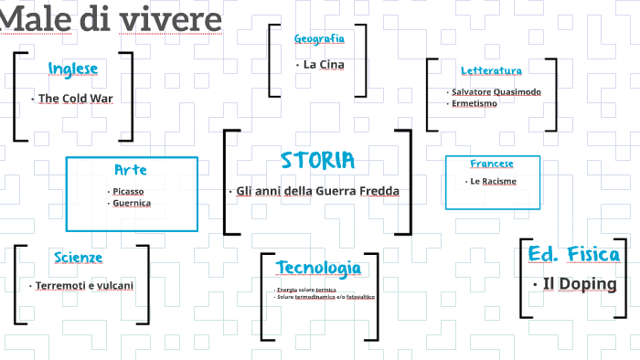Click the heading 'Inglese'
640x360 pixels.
click(73, 69)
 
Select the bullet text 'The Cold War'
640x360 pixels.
click(75, 98)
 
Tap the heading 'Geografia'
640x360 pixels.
click(319, 38)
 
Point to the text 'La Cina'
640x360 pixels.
click(324, 64)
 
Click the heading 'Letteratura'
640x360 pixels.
click(491, 70)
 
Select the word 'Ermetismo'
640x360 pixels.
click(475, 103)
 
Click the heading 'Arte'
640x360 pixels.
click(131, 170)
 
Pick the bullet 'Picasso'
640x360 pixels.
click(129, 191)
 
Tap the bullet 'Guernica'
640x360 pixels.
click(133, 203)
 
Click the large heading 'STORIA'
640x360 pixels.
click(317, 161)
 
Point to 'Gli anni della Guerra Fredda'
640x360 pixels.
click(318, 191)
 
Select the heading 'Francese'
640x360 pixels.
click(492, 164)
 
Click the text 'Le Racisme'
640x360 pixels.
click(493, 181)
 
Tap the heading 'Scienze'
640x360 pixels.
click(78, 258)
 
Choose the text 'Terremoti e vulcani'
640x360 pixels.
click(84, 285)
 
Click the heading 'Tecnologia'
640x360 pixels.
click(318, 268)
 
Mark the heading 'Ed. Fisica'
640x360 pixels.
click(574, 255)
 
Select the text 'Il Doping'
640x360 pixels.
click(580, 284)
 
